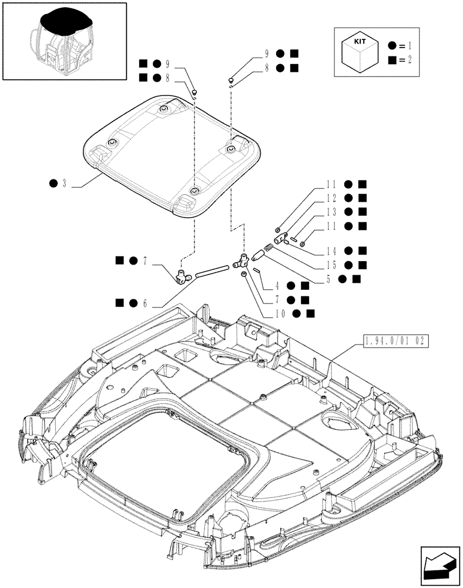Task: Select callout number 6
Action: (144, 303)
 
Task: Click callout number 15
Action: (332, 264)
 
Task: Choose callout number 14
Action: (332, 250)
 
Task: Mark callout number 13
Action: (332, 212)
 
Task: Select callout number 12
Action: (332, 199)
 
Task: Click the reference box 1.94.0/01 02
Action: (392, 342)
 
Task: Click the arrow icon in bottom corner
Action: (439, 564)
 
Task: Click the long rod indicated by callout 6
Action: (212, 271)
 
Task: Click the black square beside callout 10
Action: (310, 313)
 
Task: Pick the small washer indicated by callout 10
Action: (244, 275)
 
